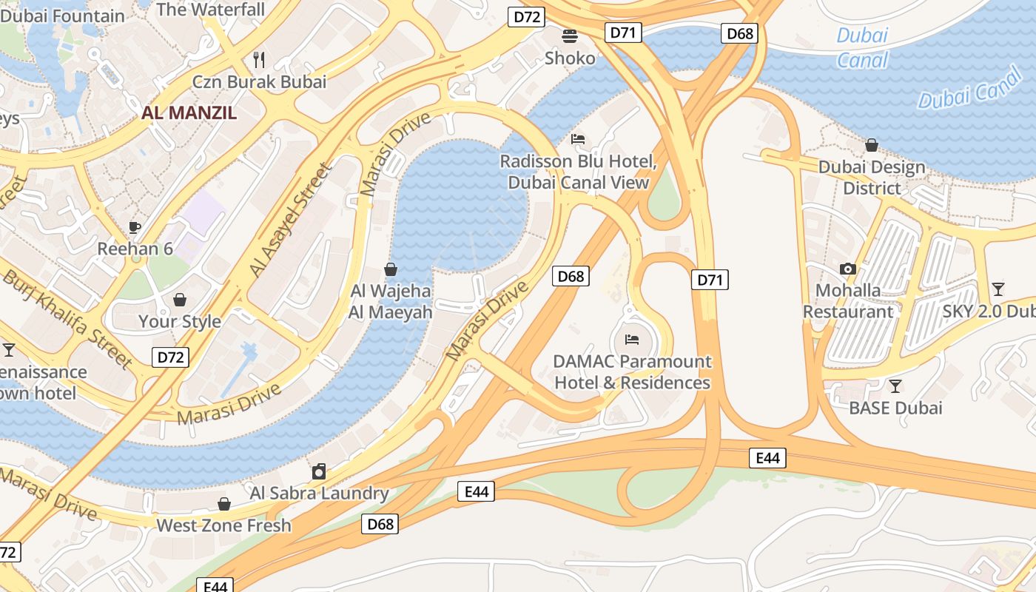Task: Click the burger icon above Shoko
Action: click(x=570, y=36)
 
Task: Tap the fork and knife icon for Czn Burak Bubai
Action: click(x=259, y=58)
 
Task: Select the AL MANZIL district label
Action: click(x=189, y=113)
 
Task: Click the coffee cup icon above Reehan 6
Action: click(x=135, y=227)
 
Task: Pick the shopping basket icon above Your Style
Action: click(x=179, y=300)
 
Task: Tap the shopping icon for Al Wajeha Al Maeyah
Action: click(x=391, y=269)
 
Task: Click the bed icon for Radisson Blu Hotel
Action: click(x=579, y=139)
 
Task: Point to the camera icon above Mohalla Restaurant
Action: click(x=848, y=269)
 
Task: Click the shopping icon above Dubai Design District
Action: click(x=872, y=145)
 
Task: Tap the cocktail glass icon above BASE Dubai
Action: click(x=895, y=386)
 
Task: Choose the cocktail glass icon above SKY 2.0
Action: click(x=998, y=289)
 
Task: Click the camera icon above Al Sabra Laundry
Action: click(x=319, y=471)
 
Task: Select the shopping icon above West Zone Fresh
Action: click(x=224, y=504)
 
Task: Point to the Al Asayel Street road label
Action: click(x=291, y=221)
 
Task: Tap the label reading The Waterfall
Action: click(x=211, y=10)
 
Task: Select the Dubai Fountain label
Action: click(x=63, y=16)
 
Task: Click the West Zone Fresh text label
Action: click(x=223, y=526)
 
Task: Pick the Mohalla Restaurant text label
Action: click(x=848, y=300)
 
